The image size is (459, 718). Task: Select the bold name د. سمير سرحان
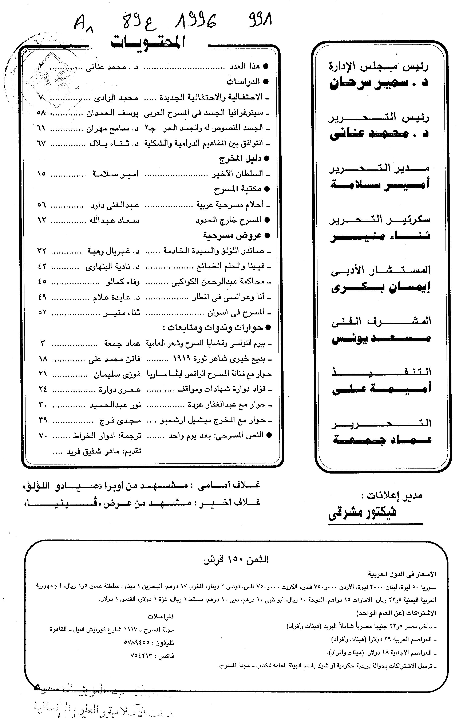coord(379,82)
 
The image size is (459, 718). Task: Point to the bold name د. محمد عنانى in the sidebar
coord(379,133)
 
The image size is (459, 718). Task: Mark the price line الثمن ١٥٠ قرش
coord(236,559)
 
